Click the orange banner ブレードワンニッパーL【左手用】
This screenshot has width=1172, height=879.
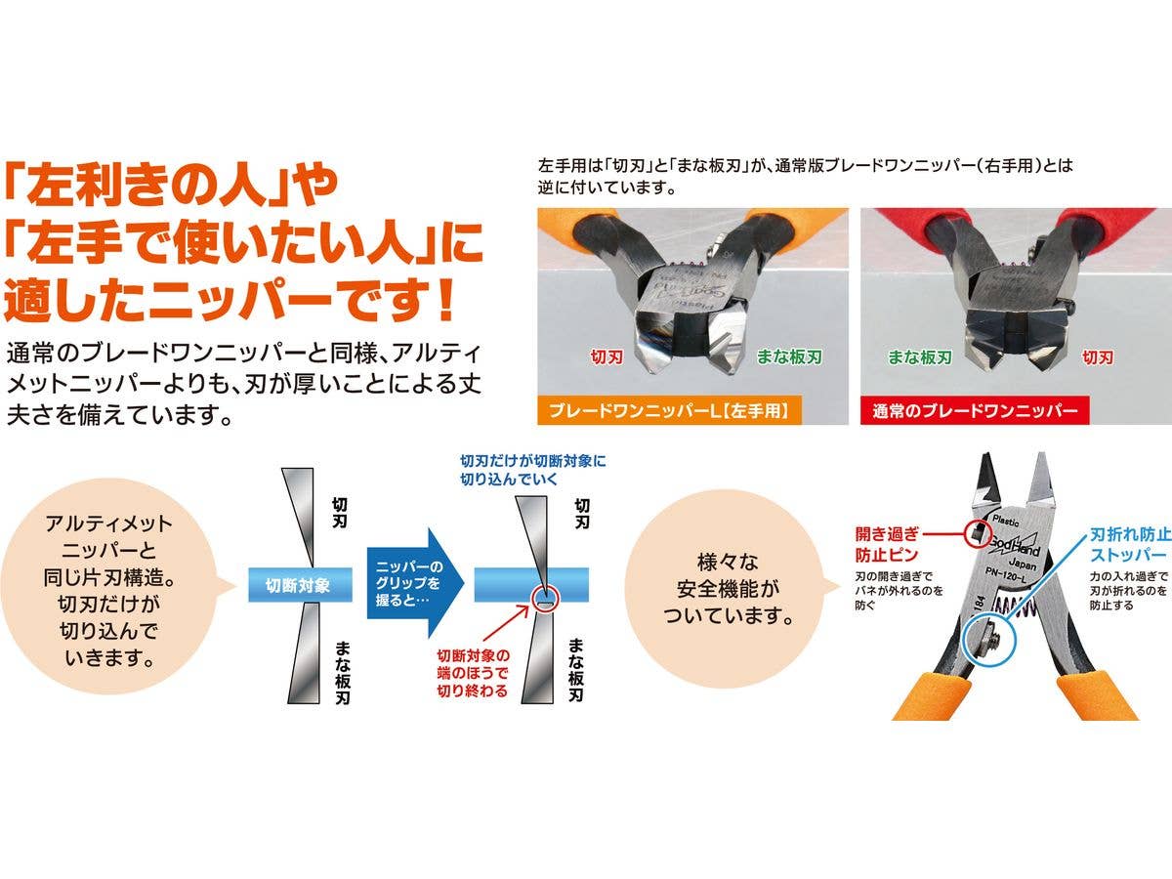point(669,410)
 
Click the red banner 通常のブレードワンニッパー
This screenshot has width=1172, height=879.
point(975,410)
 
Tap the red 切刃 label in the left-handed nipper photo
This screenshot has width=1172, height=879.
point(607,356)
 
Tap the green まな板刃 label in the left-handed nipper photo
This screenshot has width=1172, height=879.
point(789,356)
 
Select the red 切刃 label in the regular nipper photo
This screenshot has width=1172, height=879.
point(1098,356)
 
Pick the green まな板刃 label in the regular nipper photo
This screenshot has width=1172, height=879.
point(920,356)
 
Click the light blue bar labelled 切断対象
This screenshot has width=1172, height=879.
point(300,585)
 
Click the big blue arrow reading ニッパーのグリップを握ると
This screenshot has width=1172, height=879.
point(414,583)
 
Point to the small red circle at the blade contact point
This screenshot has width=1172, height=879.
point(544,599)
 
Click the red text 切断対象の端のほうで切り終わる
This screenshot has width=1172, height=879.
point(473,674)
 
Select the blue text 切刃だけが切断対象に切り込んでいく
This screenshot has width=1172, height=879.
point(533,470)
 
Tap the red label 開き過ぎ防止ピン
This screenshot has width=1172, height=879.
point(887,544)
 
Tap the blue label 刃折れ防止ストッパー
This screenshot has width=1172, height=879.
point(1130,544)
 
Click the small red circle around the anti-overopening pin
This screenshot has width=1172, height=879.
point(977,533)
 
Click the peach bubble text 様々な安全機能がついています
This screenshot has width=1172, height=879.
point(728,589)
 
